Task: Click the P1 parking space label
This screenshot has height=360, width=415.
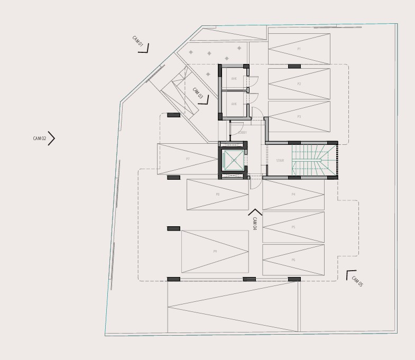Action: pyautogui.click(x=299, y=49)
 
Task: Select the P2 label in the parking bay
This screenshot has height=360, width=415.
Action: pyautogui.click(x=299, y=84)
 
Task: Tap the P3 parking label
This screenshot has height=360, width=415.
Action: pyautogui.click(x=299, y=116)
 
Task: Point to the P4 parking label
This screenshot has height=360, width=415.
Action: pyautogui.click(x=293, y=195)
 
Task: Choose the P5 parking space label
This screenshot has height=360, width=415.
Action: pyautogui.click(x=293, y=227)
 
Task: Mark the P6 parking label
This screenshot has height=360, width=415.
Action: pyautogui.click(x=293, y=260)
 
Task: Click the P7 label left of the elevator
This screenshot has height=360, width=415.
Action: pyautogui.click(x=188, y=159)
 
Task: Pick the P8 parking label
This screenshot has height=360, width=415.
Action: pyautogui.click(x=217, y=195)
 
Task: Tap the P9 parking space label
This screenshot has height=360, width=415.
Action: pyautogui.click(x=215, y=252)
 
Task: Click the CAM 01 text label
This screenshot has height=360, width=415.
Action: pyautogui.click(x=137, y=42)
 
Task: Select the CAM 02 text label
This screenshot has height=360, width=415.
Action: pyautogui.click(x=40, y=139)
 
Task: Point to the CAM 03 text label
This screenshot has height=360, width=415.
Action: pyautogui.click(x=198, y=94)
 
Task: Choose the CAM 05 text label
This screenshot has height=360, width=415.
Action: pyautogui.click(x=358, y=282)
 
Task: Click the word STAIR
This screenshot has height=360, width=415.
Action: pyautogui.click(x=280, y=161)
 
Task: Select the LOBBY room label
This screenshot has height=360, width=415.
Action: pyautogui.click(x=242, y=133)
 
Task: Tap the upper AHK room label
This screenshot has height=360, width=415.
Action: pyautogui.click(x=234, y=79)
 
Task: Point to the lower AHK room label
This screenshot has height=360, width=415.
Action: pyautogui.click(x=234, y=104)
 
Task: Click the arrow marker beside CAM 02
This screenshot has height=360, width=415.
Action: pyautogui.click(x=52, y=138)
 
